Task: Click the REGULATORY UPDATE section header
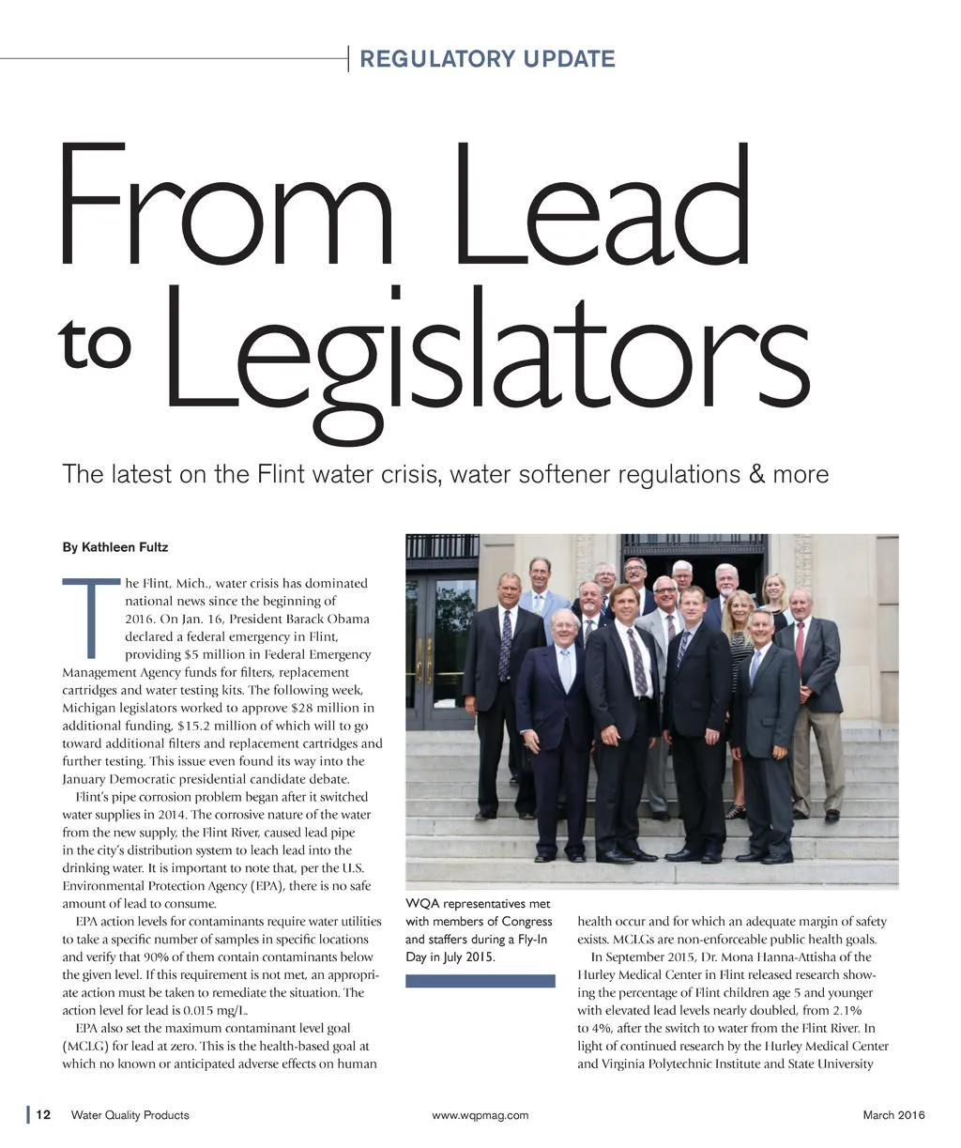pyautogui.click(x=487, y=59)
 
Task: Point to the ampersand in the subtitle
pyautogui.click(x=757, y=474)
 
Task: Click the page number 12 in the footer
pyautogui.click(x=44, y=1115)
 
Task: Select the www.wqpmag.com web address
pyautogui.click(x=480, y=1115)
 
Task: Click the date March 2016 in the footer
pyautogui.click(x=892, y=1115)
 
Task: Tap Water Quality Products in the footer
pyautogui.click(x=130, y=1115)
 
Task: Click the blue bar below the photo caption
pyautogui.click(x=480, y=981)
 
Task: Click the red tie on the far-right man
pyautogui.click(x=799, y=644)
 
